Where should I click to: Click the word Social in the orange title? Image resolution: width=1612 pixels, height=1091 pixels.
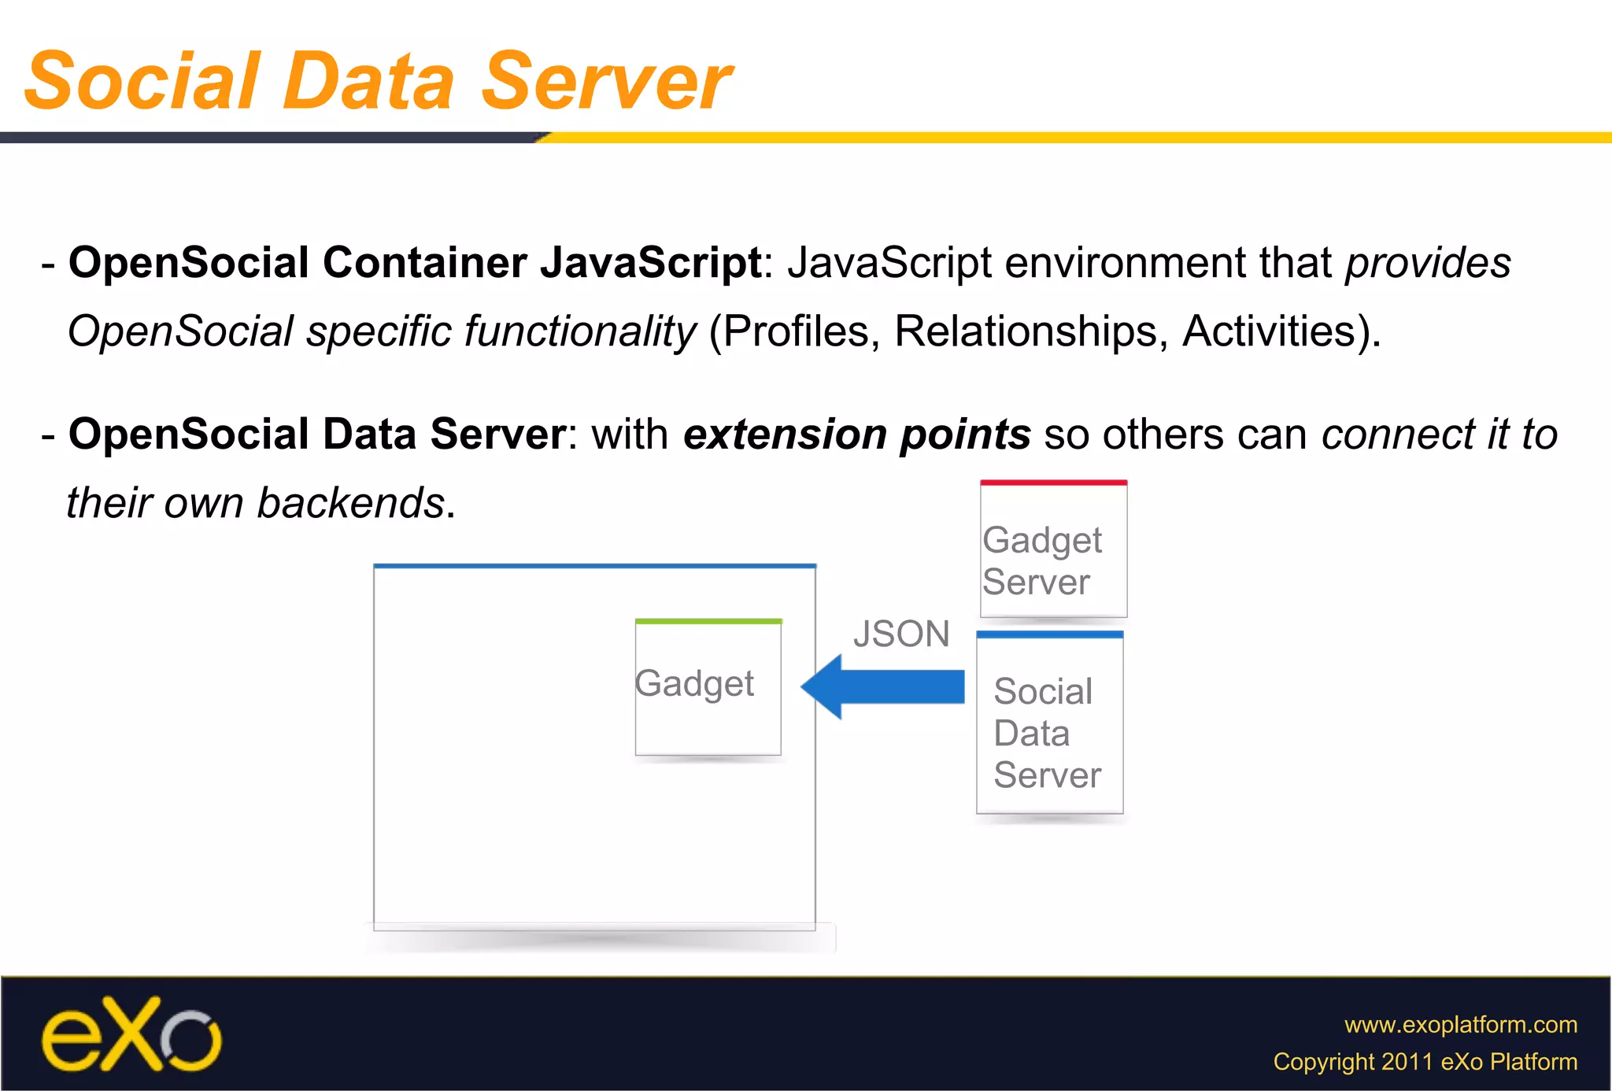tap(142, 81)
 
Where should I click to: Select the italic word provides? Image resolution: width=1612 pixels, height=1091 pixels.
tap(1427, 262)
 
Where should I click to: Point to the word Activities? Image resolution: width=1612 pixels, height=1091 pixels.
tap(1269, 331)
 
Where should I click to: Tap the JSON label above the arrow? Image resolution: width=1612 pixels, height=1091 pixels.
tap(901, 634)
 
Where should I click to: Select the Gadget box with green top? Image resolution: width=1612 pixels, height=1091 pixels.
tap(708, 687)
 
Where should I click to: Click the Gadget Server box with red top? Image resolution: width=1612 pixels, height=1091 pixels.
tap(1053, 549)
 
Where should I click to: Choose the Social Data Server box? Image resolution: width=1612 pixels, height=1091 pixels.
tap(1049, 724)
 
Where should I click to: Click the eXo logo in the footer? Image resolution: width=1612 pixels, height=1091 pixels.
tap(131, 1034)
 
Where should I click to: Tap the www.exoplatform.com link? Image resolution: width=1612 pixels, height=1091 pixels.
tap(1460, 1024)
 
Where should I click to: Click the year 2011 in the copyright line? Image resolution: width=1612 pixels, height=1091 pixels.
tap(1407, 1061)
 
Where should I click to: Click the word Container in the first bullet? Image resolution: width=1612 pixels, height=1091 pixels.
tap(424, 262)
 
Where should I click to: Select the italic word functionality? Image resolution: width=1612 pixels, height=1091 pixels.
tap(580, 331)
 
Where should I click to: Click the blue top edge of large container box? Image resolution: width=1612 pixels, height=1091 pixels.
tap(594, 565)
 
